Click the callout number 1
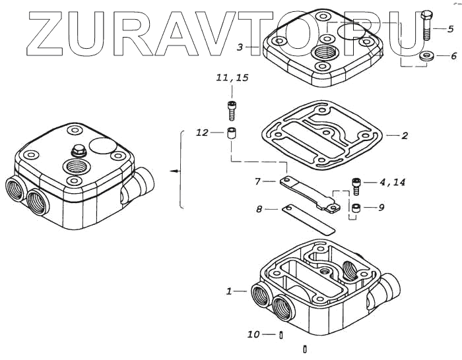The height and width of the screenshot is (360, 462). coord(228,291)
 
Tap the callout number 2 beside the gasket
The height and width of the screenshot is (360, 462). coord(405,136)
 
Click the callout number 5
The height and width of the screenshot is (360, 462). coord(450,29)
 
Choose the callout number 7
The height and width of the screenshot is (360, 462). coord(259,181)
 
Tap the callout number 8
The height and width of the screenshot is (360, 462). coord(259,210)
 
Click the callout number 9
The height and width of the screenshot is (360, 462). coord(381,208)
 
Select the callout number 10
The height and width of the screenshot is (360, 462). coord(254,335)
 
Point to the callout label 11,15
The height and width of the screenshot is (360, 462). coord(232,78)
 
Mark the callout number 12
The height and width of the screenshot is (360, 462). coord(202,133)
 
